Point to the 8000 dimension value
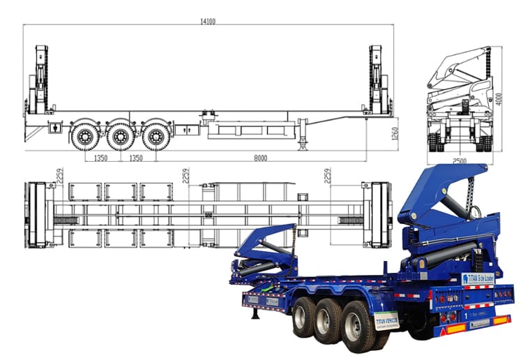click(x=261, y=158)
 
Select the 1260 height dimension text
click(x=395, y=134)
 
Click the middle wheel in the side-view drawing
click(x=121, y=135)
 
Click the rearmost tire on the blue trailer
click(x=358, y=327)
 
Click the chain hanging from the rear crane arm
click(x=476, y=202)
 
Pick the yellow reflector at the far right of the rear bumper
click(x=501, y=320)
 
